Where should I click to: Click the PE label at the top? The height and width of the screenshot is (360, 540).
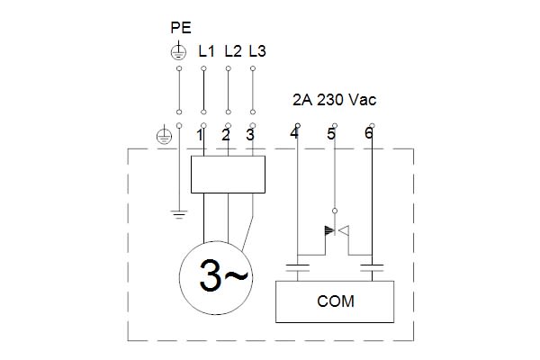pos(180,29)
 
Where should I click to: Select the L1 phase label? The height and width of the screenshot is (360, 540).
pos(206,52)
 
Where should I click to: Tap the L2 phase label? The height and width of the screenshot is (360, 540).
pos(232,52)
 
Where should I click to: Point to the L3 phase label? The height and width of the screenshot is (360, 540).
pos(256,52)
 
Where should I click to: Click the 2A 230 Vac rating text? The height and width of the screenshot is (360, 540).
pos(334,100)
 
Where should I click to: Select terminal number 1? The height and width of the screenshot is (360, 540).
pos(202,136)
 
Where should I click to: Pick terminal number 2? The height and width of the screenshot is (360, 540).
pos(226,136)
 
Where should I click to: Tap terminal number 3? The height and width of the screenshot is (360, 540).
pos(250,136)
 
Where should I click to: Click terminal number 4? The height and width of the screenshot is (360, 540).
pos(294,135)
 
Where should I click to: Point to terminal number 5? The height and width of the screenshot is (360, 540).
pos(331,135)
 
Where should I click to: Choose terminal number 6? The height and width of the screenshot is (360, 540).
pos(369,135)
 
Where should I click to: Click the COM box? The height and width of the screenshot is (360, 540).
pos(335,301)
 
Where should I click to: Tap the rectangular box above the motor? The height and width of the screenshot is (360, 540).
pos(229,173)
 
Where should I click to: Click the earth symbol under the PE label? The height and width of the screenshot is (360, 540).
pos(180,52)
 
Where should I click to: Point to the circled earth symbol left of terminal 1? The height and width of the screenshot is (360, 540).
pos(163,137)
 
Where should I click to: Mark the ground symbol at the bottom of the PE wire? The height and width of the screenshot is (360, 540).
pos(180,214)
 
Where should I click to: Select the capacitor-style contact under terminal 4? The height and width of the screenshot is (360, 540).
pos(297,266)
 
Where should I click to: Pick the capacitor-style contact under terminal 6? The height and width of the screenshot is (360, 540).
pos(372,266)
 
